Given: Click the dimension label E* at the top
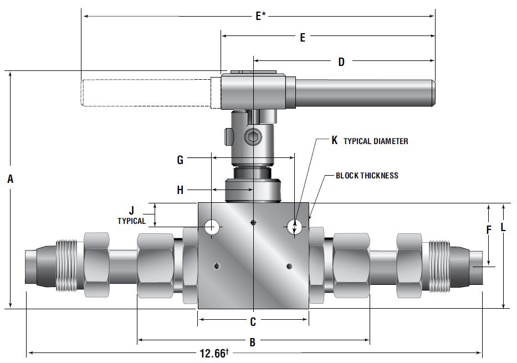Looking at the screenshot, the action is click(260, 16).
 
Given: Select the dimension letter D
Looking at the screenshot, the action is click(341, 62).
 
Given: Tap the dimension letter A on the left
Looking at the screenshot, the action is click(11, 179).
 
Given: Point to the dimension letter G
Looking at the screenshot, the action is click(180, 160).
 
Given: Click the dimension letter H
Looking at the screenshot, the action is click(180, 190).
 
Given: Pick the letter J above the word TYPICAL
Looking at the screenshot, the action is click(131, 211).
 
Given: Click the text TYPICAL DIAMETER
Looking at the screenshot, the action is click(376, 141).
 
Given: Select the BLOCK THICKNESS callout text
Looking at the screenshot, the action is click(367, 175).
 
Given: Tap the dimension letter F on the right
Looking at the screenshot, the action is click(489, 230).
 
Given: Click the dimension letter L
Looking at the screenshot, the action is click(503, 227).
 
